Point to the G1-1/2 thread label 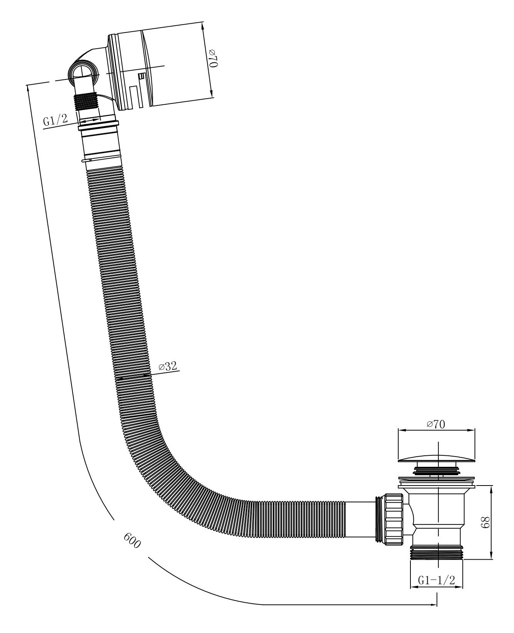coord(436,580)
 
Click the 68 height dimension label coord(484,522)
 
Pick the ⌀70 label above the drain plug coord(436,424)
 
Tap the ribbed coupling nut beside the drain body coord(393,518)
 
